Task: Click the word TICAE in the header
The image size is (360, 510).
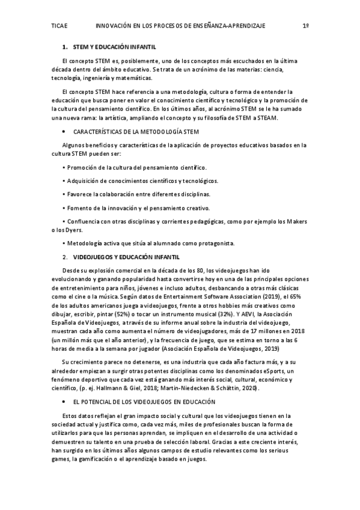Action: click(x=60, y=26)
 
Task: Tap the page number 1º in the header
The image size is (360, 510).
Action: click(x=305, y=26)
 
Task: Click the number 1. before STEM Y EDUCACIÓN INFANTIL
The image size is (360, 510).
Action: click(x=65, y=46)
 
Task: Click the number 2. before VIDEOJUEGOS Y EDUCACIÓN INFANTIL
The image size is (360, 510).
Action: click(x=65, y=257)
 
